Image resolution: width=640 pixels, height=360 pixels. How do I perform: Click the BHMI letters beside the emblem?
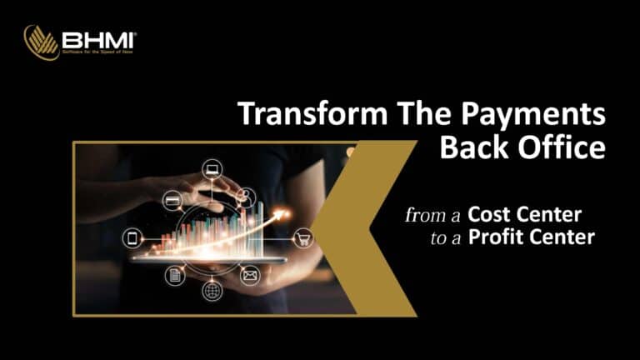coord(99,38)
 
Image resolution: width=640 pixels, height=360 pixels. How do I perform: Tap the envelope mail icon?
coord(250,275)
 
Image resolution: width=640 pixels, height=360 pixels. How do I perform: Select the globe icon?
coord(212,292)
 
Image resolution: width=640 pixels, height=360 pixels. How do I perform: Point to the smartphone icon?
coord(132,237)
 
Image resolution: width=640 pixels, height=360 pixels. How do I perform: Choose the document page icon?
coord(175,276)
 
